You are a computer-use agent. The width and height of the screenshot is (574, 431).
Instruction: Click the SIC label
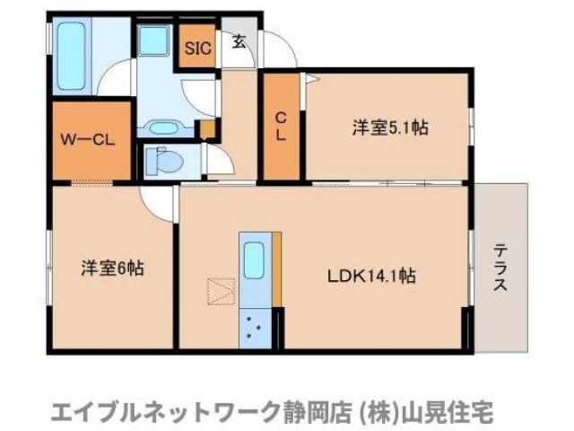tap(198, 48)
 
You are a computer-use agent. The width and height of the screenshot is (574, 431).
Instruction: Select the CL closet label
tap(281, 126)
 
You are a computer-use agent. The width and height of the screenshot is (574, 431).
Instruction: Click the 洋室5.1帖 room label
tap(388, 128)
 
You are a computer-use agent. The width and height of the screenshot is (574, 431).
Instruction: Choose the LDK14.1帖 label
tap(370, 276)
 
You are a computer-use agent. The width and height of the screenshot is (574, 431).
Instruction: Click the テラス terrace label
tap(500, 267)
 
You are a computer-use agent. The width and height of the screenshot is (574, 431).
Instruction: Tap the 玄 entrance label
tap(239, 40)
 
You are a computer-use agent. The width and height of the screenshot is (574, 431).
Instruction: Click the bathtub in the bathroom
tap(69, 53)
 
